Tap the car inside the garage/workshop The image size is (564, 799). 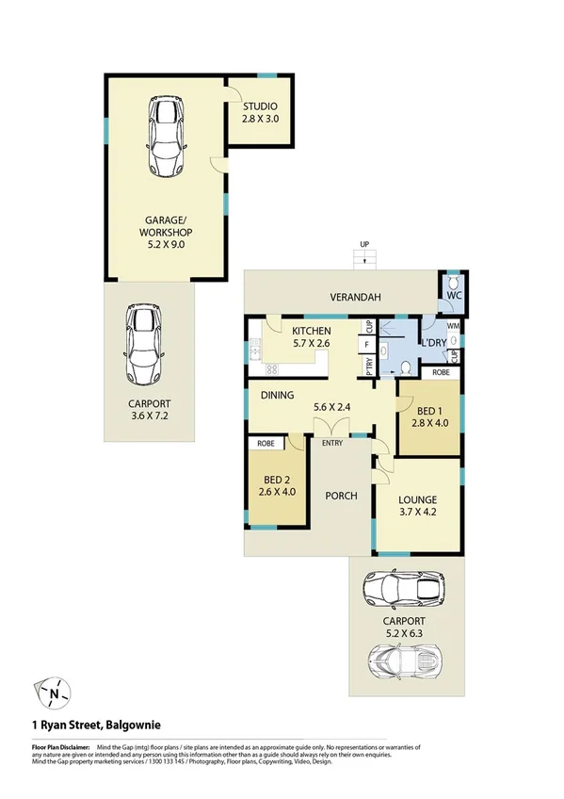point(165,137)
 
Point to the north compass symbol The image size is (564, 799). point(55,693)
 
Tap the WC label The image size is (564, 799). point(454,296)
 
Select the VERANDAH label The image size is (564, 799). point(354,298)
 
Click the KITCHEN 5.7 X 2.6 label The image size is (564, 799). point(311,338)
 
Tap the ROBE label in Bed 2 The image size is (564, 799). point(266,442)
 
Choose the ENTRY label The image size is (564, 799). point(331,443)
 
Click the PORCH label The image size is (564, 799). point(341,496)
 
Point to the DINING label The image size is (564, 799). point(279,396)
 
